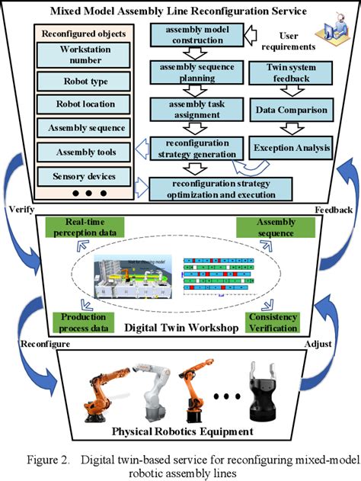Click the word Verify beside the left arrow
[19, 207]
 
